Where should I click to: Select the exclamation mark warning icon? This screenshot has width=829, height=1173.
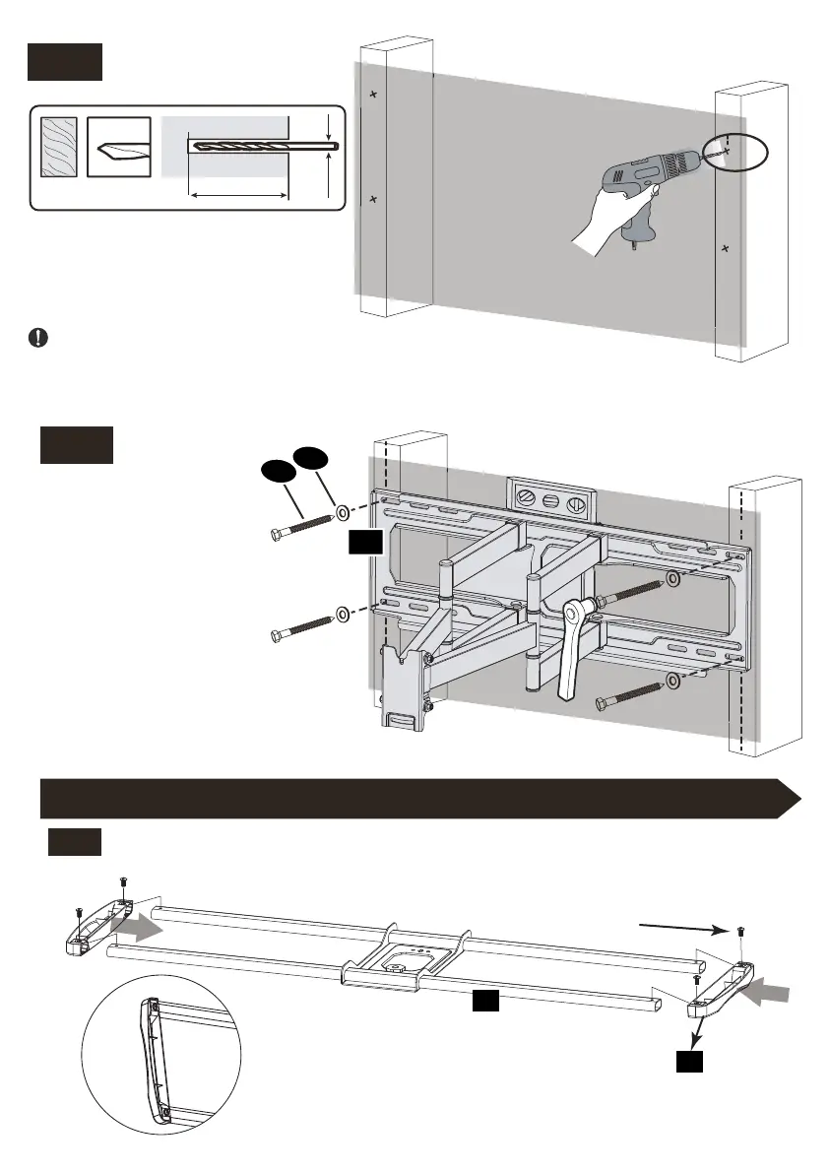coord(37,337)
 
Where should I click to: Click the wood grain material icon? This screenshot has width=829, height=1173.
coord(58,148)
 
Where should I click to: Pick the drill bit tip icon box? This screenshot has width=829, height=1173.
coord(119,148)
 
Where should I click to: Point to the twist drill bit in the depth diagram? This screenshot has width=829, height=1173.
coord(264,146)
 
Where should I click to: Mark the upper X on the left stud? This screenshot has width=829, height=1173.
coord(373,95)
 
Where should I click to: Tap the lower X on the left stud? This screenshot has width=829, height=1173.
coord(373,200)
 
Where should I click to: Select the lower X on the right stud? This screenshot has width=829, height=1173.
coord(726,248)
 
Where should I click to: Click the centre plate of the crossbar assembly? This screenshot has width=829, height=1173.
coord(406,949)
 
